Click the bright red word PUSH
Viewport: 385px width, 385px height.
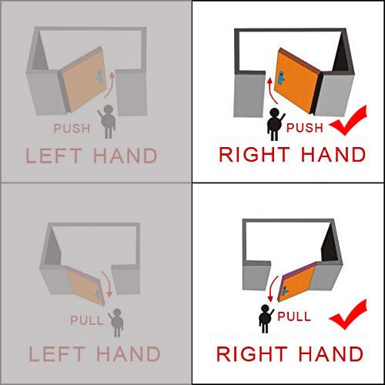point(305,128)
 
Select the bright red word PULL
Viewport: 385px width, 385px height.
point(294,316)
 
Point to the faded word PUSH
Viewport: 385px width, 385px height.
point(72,129)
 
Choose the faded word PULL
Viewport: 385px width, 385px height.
point(87,320)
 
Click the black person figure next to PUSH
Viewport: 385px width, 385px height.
point(275,124)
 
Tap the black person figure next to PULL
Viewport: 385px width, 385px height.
point(266,319)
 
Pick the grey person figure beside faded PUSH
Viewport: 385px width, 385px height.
point(107,122)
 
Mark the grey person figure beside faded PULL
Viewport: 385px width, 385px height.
point(116,323)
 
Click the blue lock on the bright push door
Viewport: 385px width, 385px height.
point(281,78)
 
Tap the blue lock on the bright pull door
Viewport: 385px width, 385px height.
point(284,291)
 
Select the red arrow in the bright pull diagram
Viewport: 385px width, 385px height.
point(272,288)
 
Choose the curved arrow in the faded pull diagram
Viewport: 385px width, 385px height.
point(107,283)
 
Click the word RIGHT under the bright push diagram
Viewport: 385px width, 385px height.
point(254,155)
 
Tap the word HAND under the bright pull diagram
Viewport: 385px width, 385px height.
point(331,354)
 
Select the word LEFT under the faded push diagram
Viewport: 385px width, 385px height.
point(54,156)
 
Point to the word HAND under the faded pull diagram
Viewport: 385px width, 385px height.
point(129,354)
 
